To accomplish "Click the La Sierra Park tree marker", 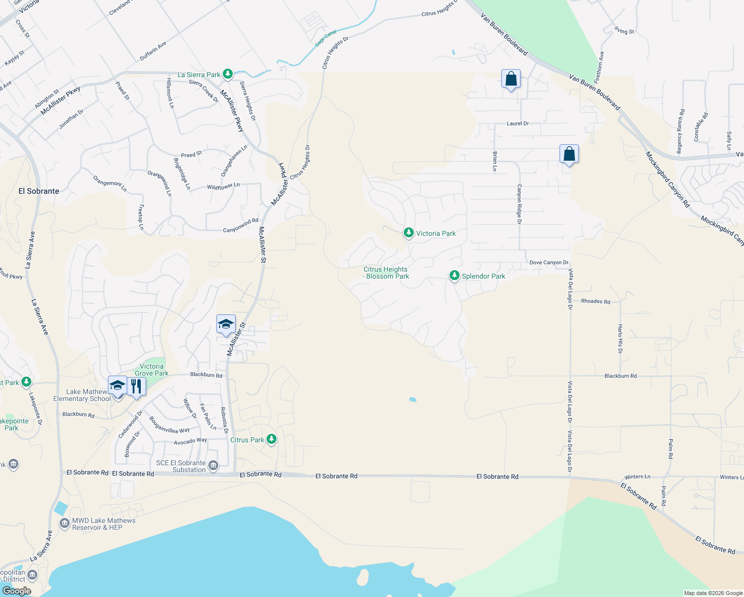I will tap(228, 74).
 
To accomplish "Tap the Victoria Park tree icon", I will tap(408, 232).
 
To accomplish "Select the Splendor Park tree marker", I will tap(454, 275).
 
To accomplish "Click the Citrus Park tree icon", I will tap(272, 439).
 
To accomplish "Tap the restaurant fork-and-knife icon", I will tap(136, 386).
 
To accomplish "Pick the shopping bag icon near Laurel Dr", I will tap(511, 79).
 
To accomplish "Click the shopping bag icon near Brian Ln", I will tap(569, 154).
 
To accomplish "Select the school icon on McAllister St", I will tap(226, 324).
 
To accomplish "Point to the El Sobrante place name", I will tap(39, 191).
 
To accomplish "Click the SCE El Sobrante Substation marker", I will tap(213, 465).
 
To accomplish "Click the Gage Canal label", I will tap(326, 38).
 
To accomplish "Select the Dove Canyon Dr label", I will tap(549, 262).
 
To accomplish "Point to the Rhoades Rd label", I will tap(595, 301).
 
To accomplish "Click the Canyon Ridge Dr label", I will tap(519, 204).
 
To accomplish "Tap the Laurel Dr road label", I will tap(518, 123).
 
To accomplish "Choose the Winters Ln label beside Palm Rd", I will tap(637, 477).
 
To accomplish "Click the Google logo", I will tap(16, 591).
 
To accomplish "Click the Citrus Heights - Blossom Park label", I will tap(386, 273).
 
